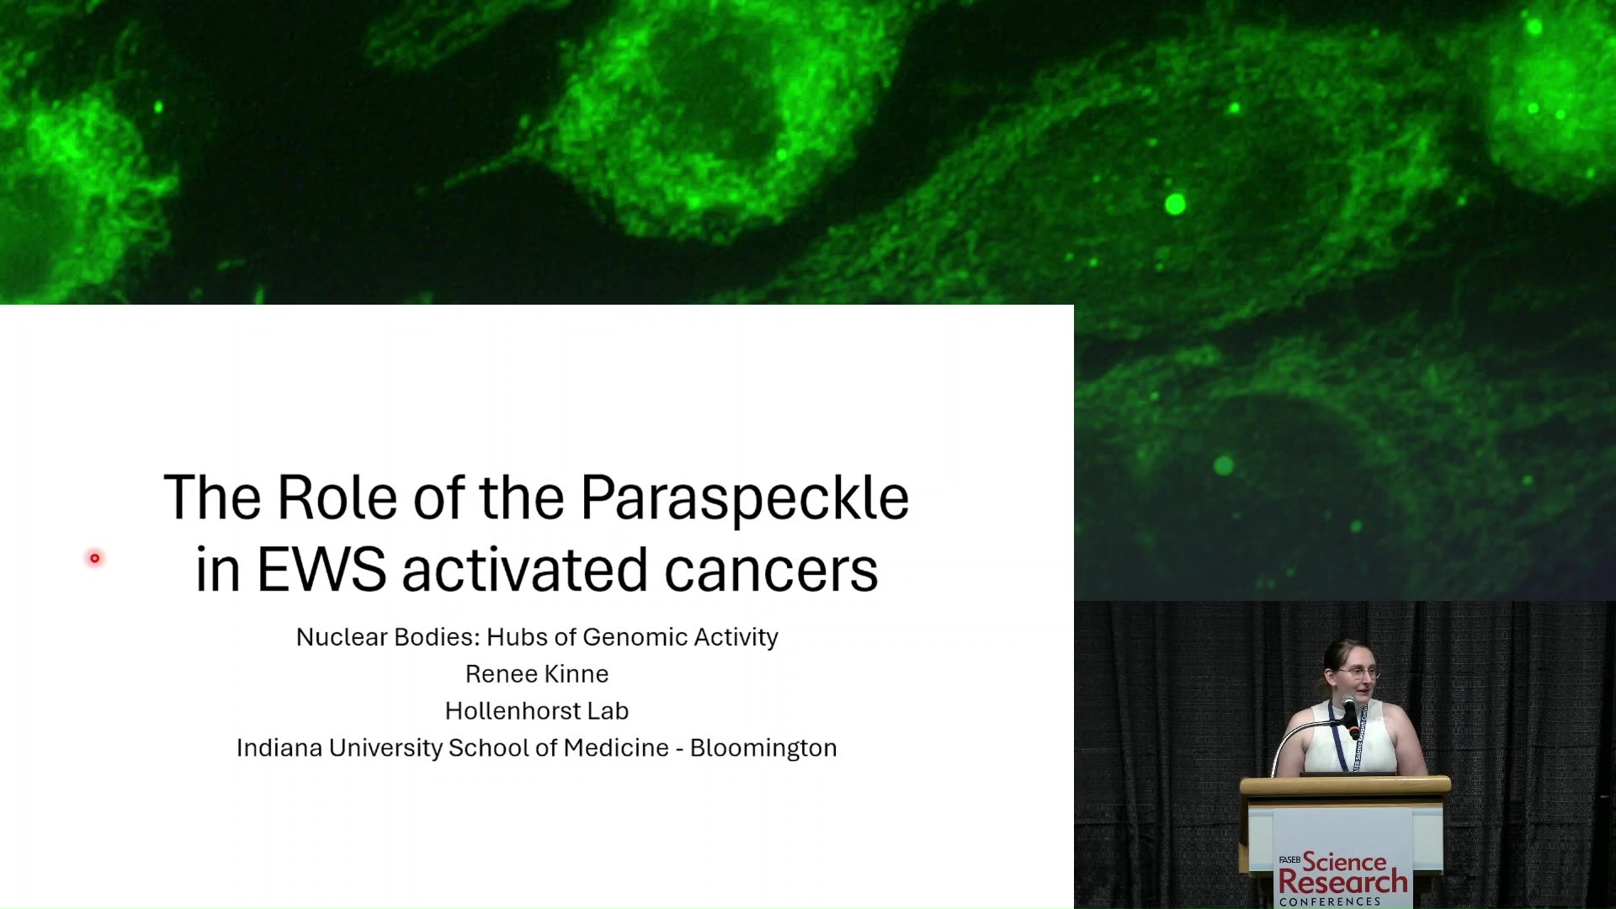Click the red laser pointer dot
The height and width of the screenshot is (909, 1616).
(x=95, y=558)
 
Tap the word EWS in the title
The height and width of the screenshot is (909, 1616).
(x=322, y=570)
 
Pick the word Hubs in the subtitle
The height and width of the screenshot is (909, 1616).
(x=517, y=637)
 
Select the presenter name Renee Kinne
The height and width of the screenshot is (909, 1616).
(x=537, y=674)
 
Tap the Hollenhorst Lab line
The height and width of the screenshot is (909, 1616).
(x=537, y=711)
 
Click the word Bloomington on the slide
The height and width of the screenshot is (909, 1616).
(x=763, y=748)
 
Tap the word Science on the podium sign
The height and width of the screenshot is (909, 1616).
(x=1344, y=862)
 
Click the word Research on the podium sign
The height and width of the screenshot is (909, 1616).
(x=1342, y=882)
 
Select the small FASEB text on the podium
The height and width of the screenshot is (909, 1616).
(x=1289, y=859)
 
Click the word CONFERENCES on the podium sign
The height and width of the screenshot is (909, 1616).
(x=1330, y=901)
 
